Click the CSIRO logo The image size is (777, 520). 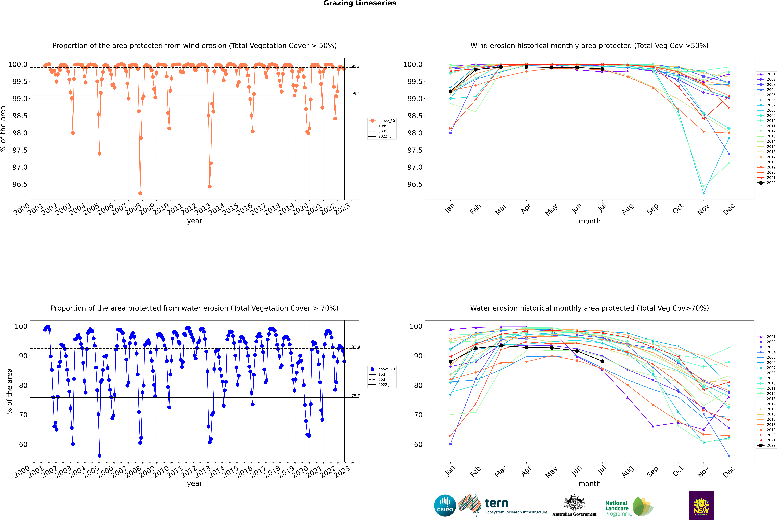click(445, 505)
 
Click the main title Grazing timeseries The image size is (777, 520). click(360, 3)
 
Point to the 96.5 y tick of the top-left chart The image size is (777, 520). click(20, 184)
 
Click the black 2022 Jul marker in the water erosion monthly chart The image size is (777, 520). click(602, 361)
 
